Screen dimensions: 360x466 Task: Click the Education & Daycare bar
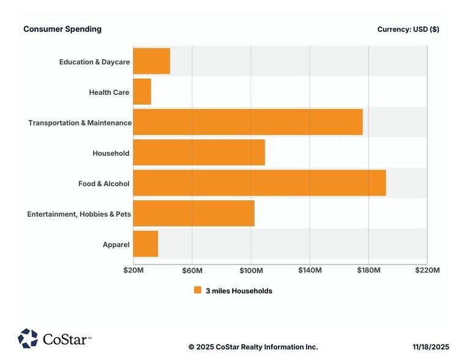pos(151,61)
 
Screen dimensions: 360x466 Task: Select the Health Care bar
pos(142,92)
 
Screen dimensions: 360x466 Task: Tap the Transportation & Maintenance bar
pos(247,122)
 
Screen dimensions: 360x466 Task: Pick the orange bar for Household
pos(199,152)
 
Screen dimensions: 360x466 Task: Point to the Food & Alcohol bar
pos(259,183)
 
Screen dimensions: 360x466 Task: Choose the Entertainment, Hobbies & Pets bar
pos(194,213)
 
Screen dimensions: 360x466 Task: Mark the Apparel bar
pos(145,244)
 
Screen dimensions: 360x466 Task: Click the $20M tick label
pos(133,270)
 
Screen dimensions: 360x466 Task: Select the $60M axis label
pos(192,270)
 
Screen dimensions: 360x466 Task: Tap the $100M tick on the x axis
pos(251,270)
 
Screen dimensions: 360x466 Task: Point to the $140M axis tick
pos(310,270)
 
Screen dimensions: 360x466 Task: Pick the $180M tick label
pos(369,270)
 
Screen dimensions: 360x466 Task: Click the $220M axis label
pos(427,270)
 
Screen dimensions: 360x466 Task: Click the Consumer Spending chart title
pos(62,29)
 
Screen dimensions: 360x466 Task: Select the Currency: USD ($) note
pos(408,29)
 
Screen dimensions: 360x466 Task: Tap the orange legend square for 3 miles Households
pos(197,290)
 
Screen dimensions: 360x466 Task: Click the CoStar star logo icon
pos(28,338)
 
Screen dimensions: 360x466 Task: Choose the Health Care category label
pos(109,92)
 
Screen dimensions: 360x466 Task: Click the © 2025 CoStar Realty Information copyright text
pos(253,347)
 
